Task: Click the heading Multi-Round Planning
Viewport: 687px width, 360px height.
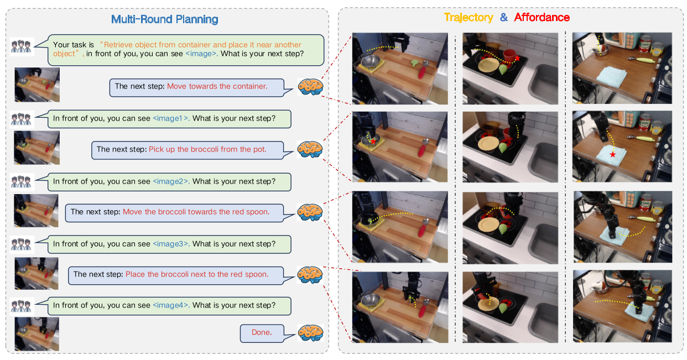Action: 164,19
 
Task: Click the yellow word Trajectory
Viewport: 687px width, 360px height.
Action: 469,18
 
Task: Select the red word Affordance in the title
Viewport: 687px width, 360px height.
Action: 542,17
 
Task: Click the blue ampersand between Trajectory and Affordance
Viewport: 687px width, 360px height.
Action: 504,17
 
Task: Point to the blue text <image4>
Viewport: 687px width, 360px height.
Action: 171,305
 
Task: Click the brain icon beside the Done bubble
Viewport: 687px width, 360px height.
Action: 310,333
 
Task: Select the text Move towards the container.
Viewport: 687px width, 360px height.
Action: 217,86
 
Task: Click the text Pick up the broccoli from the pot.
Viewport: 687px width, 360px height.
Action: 207,149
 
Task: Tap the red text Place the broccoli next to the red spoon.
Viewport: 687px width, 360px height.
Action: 197,274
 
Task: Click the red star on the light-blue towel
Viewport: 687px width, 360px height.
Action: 612,154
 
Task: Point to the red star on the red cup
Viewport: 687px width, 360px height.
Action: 517,58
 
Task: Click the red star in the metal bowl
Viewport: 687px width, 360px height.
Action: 373,142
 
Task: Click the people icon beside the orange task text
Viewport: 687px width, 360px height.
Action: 22,46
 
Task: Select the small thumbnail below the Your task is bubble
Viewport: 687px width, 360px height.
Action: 37,85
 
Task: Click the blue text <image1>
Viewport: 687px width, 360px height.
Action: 171,118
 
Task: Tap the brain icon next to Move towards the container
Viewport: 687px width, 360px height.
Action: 310,87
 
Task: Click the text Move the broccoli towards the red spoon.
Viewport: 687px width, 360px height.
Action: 196,212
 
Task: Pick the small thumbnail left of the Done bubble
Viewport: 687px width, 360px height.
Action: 37,334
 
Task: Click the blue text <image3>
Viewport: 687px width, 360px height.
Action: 171,244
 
